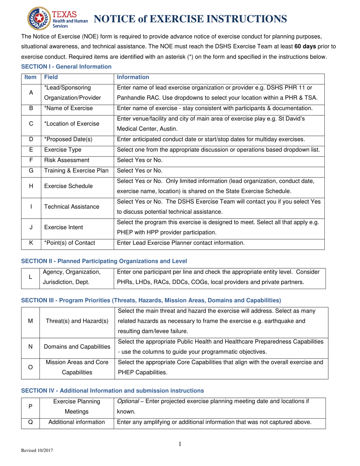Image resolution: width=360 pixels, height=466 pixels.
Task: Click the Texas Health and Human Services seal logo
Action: (x=38, y=19)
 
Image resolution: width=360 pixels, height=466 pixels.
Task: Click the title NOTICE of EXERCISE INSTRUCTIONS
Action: (x=189, y=19)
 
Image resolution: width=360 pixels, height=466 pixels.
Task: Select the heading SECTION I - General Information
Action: (x=66, y=67)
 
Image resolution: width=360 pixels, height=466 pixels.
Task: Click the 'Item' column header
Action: (x=30, y=77)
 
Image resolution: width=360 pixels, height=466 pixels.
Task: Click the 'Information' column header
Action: (x=133, y=77)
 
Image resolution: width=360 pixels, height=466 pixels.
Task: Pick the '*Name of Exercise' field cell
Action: (x=68, y=108)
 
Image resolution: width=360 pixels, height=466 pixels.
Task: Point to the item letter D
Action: (x=31, y=139)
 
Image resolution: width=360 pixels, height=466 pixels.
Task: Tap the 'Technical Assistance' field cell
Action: (x=72, y=206)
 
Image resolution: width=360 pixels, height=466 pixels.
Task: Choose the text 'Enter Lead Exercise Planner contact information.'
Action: (x=181, y=243)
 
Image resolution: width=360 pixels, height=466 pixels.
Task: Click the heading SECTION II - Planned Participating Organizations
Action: (x=104, y=261)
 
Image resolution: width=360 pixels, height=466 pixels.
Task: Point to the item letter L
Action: (x=30, y=277)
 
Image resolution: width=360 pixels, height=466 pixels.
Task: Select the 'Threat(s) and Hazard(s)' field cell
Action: (x=77, y=321)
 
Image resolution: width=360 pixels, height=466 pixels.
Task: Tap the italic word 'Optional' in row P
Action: (x=128, y=401)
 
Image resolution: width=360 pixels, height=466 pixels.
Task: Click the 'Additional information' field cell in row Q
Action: (x=77, y=422)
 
